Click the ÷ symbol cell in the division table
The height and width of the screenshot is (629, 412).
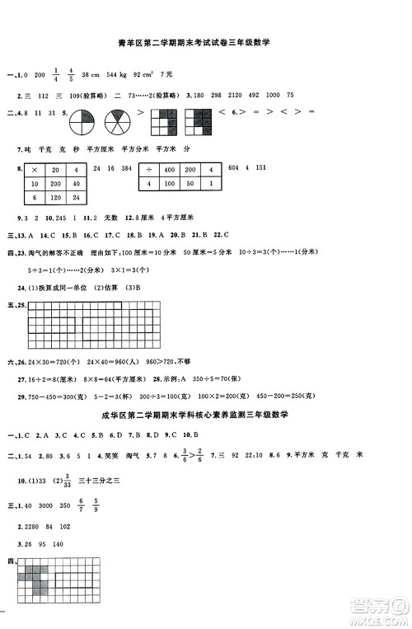tap(149, 169)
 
